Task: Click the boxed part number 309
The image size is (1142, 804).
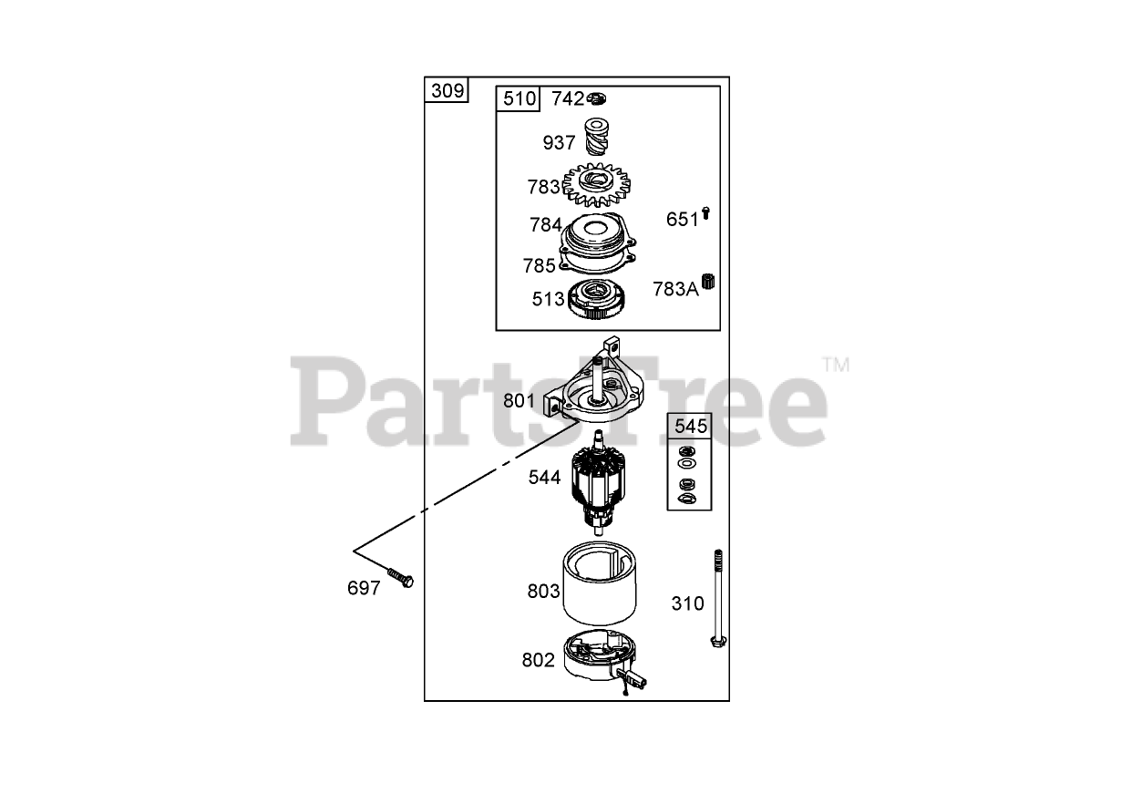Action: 448,90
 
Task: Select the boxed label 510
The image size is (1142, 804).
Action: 519,98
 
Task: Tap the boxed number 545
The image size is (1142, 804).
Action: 689,426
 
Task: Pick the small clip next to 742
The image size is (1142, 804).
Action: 597,98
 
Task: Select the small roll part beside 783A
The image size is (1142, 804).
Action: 708,282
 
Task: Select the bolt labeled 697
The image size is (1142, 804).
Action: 399,577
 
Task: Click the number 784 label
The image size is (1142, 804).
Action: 546,224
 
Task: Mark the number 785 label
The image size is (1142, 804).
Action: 539,265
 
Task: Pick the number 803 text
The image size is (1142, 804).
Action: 543,591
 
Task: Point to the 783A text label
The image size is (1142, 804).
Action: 675,289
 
